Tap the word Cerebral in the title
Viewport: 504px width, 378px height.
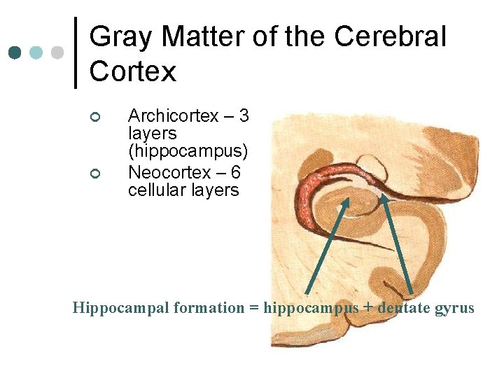coord(390,36)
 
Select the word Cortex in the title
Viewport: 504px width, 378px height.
coord(133,71)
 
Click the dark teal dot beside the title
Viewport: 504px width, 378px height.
coord(14,52)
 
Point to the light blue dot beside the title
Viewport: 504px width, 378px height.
coord(36,52)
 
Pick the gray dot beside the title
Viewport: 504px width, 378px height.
coord(58,52)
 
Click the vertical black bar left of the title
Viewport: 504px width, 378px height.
coord(76,52)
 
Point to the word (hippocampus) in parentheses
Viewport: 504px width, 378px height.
coord(188,152)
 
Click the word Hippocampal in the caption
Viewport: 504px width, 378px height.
coord(115,308)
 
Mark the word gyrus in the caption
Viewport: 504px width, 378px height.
coord(456,308)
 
